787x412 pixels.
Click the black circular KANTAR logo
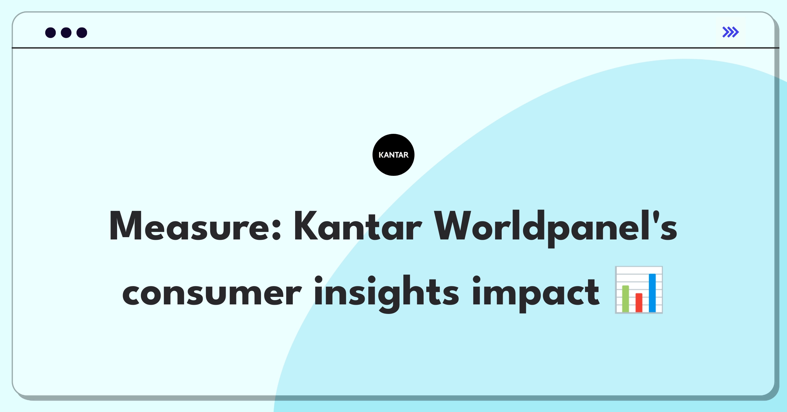(x=393, y=155)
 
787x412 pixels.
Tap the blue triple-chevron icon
(x=731, y=32)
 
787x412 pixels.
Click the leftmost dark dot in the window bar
(x=50, y=33)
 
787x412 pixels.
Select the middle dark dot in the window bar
(x=66, y=33)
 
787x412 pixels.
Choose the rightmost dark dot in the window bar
(x=82, y=33)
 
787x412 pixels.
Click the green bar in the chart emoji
(x=626, y=299)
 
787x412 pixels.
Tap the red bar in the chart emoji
(x=639, y=302)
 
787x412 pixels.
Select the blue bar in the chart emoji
(x=652, y=293)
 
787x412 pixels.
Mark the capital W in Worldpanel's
(x=453, y=226)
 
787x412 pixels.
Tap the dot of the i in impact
(x=476, y=280)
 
